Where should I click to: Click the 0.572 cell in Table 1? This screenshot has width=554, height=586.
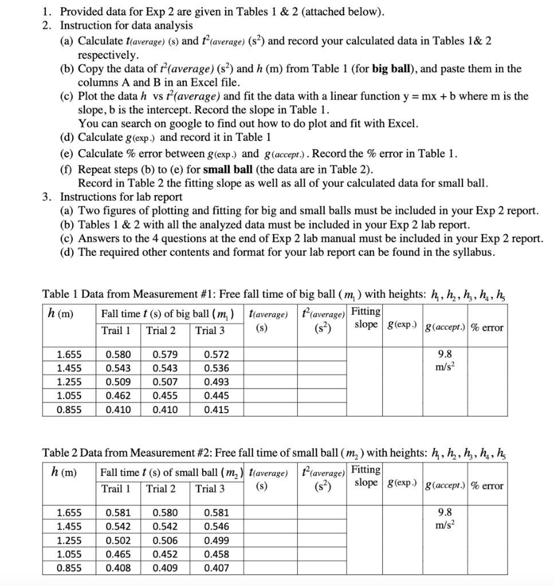click(216, 355)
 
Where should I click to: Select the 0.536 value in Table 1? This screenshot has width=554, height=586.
click(216, 369)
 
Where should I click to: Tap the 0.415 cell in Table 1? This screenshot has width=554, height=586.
click(216, 410)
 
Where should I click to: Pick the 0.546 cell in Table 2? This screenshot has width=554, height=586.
click(216, 526)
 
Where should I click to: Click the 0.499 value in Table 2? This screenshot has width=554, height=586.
click(216, 540)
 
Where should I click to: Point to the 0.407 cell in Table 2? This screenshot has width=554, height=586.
click(216, 568)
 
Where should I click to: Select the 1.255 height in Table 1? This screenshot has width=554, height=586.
click(68, 382)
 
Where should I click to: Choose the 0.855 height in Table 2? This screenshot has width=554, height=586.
click(68, 568)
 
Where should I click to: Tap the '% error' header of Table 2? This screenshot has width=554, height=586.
click(486, 486)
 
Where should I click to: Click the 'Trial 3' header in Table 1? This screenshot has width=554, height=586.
click(210, 330)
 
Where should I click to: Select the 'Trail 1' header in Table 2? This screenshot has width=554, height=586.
click(116, 488)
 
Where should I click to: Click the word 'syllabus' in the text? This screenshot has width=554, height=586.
click(472, 252)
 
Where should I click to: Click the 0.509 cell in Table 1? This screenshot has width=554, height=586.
click(119, 382)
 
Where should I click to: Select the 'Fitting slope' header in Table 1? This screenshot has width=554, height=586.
click(366, 318)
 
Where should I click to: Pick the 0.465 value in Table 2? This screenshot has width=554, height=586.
click(119, 554)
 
